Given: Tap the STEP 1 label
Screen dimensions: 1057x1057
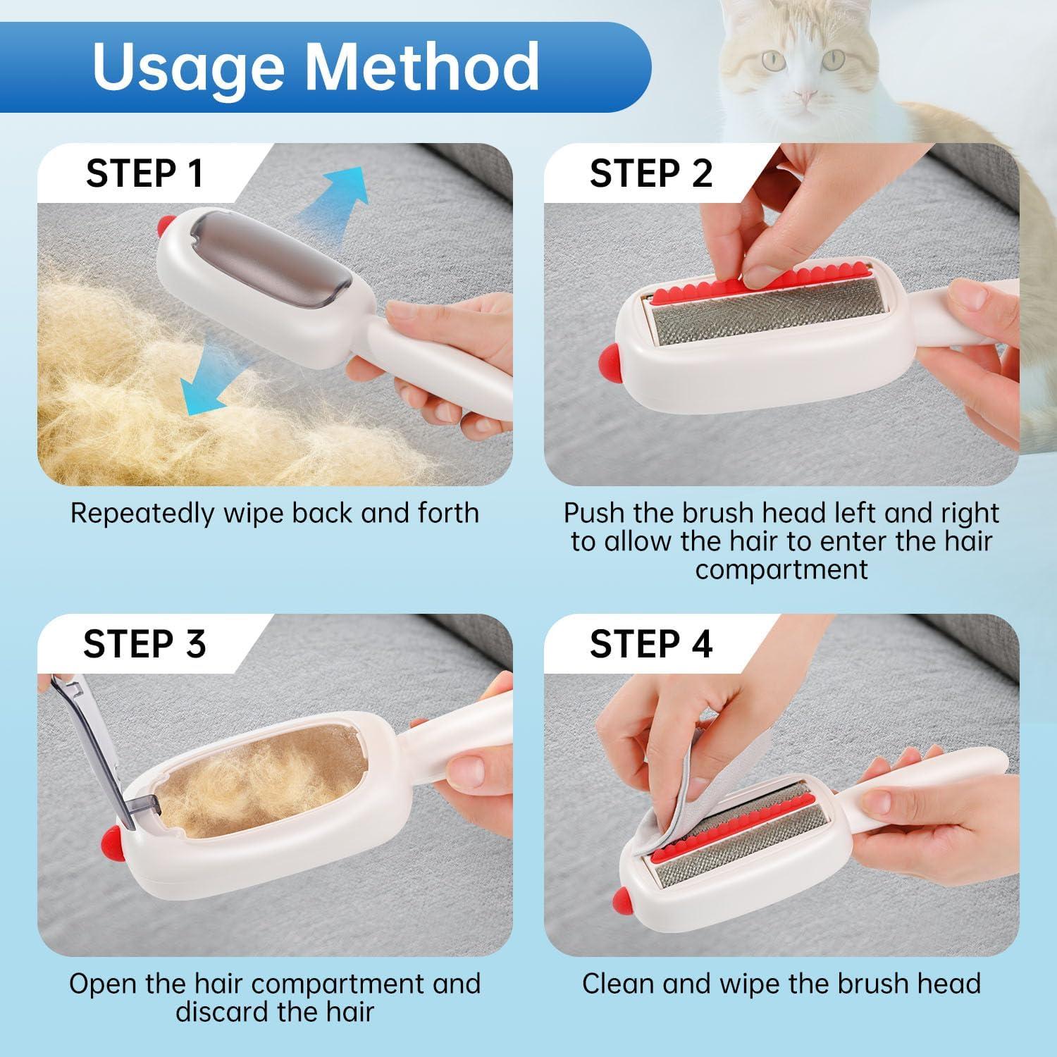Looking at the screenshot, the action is click(x=144, y=173).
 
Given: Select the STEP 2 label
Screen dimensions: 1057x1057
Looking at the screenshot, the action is click(x=651, y=173).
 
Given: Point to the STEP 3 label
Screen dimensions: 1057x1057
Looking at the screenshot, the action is click(x=144, y=643).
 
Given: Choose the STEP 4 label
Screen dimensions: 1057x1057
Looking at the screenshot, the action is click(x=651, y=643).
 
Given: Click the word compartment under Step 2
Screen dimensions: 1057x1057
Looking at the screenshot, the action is click(x=781, y=570).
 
